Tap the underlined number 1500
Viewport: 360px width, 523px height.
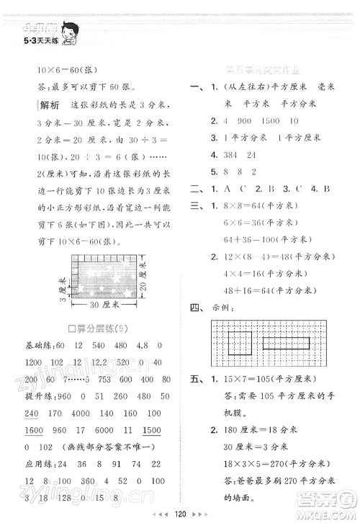point(151,429)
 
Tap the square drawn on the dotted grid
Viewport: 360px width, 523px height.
point(239,335)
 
